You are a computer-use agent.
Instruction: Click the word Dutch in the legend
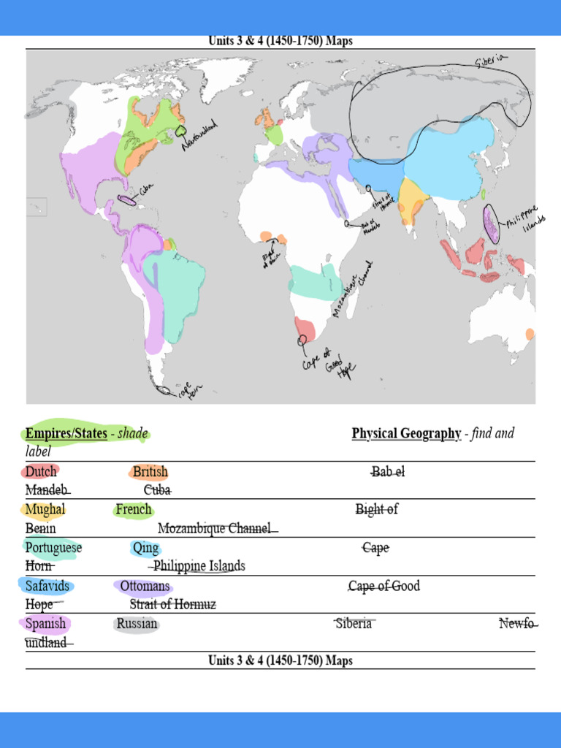(x=41, y=472)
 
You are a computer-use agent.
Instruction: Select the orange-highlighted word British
(x=150, y=472)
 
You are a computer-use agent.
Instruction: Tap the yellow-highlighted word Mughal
(x=45, y=509)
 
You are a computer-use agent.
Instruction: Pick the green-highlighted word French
(x=134, y=509)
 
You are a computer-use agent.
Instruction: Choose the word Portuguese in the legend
(x=53, y=548)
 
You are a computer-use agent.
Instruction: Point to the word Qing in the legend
(x=146, y=548)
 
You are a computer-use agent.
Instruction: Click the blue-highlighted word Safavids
(x=47, y=586)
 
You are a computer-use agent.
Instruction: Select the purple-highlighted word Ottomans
(x=145, y=586)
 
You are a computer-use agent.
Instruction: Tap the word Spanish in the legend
(x=45, y=624)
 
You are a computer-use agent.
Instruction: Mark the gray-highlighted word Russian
(x=137, y=624)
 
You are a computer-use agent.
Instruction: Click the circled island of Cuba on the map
(x=127, y=199)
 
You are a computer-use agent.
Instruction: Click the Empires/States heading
(x=66, y=434)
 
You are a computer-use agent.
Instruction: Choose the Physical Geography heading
(x=406, y=434)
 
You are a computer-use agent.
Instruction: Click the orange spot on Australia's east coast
(x=530, y=334)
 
